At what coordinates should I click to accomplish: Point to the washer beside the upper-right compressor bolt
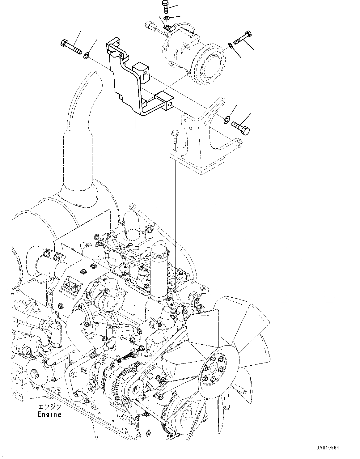click(x=231, y=46)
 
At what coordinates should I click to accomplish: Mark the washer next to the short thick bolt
click(x=227, y=119)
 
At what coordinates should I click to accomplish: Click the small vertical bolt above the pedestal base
click(x=174, y=137)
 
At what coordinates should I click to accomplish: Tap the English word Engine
click(x=49, y=414)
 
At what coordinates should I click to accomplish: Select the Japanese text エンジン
click(x=49, y=407)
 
